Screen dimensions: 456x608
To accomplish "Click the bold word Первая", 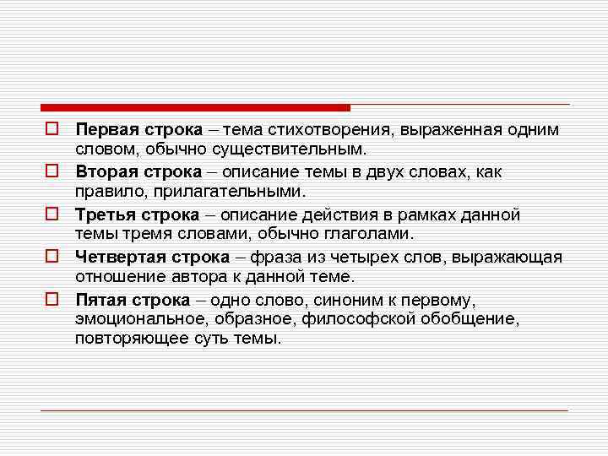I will pos(102,130).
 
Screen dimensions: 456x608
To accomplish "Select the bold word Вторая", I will pos(102,172).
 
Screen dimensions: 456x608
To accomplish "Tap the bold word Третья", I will pos(100,214).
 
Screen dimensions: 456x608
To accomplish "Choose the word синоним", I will pos(342,299).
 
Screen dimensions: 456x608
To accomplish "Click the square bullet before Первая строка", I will pos(52,130).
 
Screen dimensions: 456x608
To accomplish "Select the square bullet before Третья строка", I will pos(52,214).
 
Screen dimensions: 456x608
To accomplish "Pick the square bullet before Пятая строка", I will pos(52,299).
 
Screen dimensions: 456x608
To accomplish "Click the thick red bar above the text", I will pos(194,108).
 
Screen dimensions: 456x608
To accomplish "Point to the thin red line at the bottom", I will pos(304,410).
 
